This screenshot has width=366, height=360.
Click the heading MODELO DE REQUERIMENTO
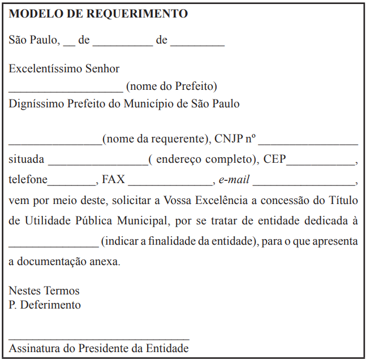click(98, 14)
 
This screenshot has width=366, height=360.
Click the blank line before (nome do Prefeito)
click(66, 90)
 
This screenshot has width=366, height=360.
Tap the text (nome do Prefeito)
click(171, 86)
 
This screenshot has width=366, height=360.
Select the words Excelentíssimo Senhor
click(64, 69)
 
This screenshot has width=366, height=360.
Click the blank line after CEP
click(321, 164)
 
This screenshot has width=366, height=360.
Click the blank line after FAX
click(170, 185)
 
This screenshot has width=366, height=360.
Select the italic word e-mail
click(234, 180)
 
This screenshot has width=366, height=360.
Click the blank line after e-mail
click(304, 185)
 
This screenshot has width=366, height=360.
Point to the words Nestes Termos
click(44, 291)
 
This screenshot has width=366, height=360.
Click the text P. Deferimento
click(45, 305)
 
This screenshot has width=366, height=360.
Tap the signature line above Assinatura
click(99, 339)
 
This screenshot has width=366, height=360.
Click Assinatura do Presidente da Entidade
click(99, 348)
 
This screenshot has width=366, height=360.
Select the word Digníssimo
click(37, 104)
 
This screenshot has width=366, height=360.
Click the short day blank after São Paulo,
click(69, 45)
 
